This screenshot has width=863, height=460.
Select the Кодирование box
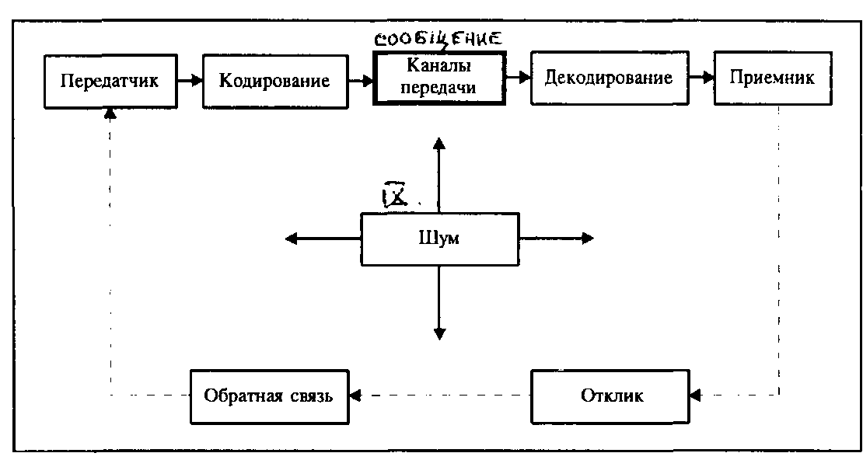274,80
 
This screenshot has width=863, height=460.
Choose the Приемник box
772,78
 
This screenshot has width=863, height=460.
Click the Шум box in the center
439,238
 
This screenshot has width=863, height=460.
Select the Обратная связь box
268,396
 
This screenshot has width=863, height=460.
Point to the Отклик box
612,396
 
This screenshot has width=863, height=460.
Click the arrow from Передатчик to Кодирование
188,79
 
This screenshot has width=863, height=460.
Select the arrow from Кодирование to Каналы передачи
360,79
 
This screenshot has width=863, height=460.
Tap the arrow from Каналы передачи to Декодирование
518,78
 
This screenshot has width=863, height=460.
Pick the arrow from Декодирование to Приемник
701,78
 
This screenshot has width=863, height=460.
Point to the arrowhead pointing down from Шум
439,333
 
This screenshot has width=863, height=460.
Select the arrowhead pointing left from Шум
292,239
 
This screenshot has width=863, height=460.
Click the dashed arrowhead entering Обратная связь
355,396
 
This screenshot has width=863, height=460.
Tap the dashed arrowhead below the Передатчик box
110,113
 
